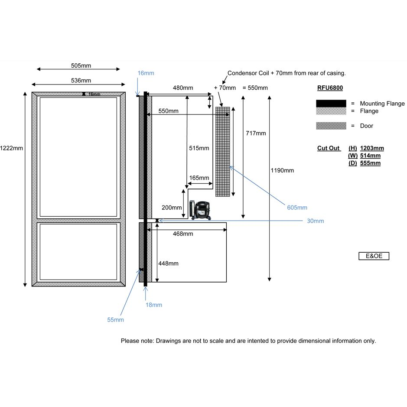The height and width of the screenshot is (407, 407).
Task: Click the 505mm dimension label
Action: (81, 66)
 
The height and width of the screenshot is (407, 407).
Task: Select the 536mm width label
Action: (81, 81)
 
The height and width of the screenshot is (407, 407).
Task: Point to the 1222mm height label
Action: (12, 148)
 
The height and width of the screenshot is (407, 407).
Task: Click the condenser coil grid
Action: (222, 152)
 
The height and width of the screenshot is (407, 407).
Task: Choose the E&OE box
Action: (374, 256)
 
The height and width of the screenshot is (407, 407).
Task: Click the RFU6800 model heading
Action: (330, 88)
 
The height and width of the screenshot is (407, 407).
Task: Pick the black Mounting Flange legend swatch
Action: (331, 104)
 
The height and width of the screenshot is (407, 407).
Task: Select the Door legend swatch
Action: (331, 126)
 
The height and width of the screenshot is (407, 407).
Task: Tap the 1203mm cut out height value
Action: (372, 148)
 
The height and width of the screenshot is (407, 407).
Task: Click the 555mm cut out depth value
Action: (370, 163)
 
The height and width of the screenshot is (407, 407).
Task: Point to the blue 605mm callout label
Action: (297, 208)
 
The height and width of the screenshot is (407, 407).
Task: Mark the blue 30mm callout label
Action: (315, 221)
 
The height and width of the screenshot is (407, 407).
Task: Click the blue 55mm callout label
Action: (116, 320)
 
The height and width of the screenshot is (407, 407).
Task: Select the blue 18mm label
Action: (154, 305)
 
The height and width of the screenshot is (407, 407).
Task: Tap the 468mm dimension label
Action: (182, 234)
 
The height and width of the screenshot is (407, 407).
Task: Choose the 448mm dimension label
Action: (168, 264)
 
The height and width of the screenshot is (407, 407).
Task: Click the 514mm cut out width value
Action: (370, 156)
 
